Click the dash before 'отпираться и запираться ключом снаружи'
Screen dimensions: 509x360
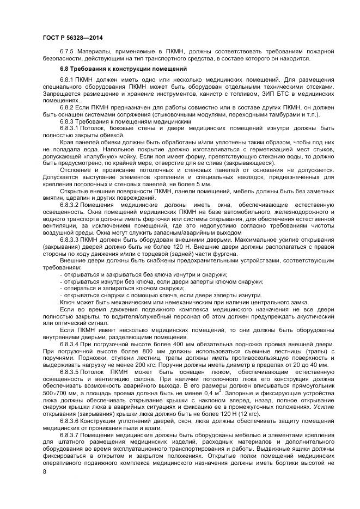click(x=62, y=287)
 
